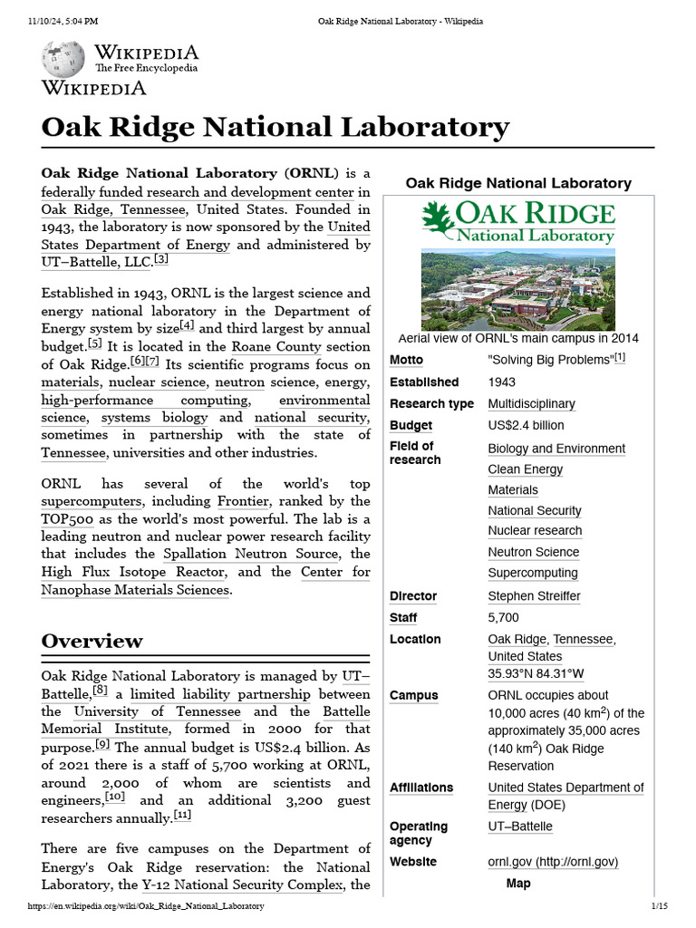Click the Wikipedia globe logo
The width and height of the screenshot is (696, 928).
[63, 59]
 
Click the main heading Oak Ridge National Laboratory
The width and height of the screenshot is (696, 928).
[275, 126]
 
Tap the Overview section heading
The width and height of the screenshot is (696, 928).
[92, 641]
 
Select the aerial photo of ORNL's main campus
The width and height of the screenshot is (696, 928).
[517, 291]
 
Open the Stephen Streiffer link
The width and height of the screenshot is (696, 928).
[534, 596]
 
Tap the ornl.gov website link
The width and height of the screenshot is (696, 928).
[553, 862]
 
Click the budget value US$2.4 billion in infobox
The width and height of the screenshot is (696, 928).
[526, 425]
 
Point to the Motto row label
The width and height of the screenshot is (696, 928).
[406, 360]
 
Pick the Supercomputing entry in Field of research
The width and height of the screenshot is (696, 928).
[532, 573]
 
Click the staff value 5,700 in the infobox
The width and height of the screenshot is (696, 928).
[503, 618]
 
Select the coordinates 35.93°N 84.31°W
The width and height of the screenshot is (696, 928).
[536, 673]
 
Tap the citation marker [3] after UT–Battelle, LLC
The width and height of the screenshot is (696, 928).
[160, 260]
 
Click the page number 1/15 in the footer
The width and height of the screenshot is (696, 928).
[659, 906]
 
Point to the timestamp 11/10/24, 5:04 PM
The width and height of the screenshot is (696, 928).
[63, 21]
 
